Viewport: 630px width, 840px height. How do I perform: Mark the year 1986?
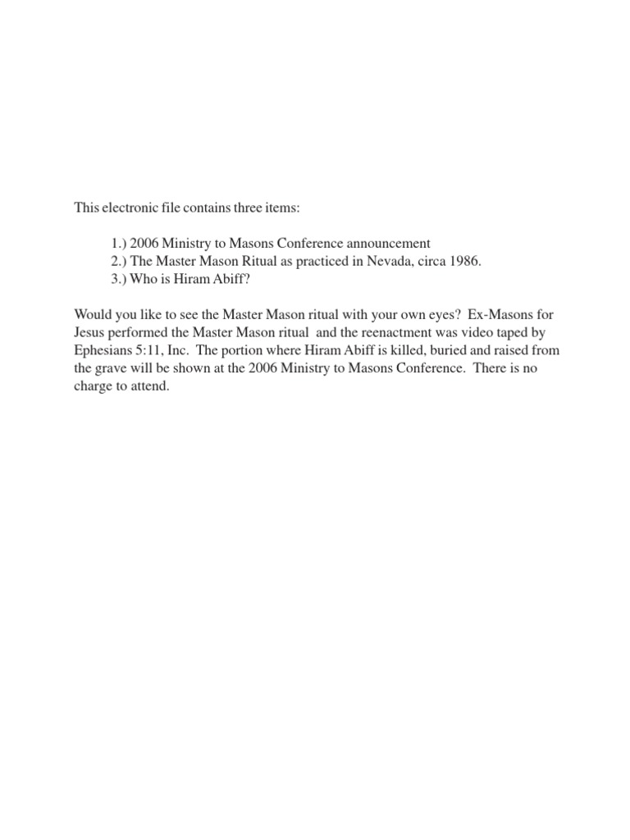pos(463,261)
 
